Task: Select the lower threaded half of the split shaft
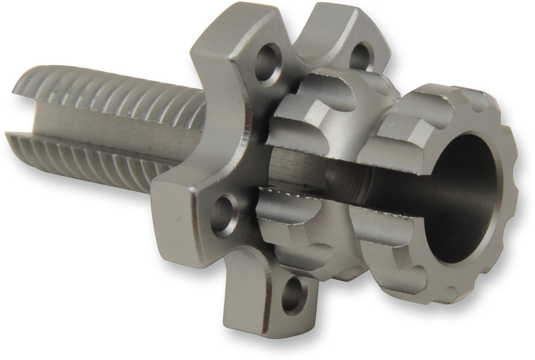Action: (x=91, y=150)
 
